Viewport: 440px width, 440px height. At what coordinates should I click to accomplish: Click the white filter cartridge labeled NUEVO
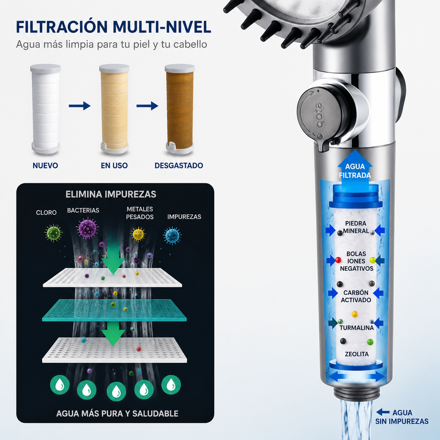pyautogui.click(x=46, y=109)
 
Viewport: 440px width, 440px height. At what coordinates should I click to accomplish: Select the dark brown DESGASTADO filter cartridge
pyautogui.click(x=180, y=109)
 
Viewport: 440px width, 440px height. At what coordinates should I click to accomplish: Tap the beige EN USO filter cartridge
pyautogui.click(x=114, y=109)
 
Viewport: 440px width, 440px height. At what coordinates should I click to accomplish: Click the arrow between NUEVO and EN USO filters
pyautogui.click(x=79, y=106)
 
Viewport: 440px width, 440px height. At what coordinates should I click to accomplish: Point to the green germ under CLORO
pyautogui.click(x=53, y=233)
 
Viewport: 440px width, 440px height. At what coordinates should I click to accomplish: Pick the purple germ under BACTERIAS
pyautogui.click(x=87, y=228)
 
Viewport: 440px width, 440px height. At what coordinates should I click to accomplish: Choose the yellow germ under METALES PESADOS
pyautogui.click(x=138, y=234)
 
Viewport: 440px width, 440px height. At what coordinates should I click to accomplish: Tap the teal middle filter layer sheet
pyautogui.click(x=114, y=310)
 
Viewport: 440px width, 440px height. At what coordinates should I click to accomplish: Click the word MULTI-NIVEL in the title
pyautogui.click(x=162, y=27)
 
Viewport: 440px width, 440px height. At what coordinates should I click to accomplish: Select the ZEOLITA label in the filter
pyautogui.click(x=357, y=354)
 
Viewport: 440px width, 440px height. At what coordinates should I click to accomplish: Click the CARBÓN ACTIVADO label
pyautogui.click(x=356, y=296)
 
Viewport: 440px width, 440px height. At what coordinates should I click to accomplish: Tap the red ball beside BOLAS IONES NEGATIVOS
pyautogui.click(x=338, y=260)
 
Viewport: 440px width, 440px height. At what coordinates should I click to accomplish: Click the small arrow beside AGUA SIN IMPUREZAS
pyautogui.click(x=383, y=412)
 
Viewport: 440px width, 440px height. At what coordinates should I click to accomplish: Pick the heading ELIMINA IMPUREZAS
pyautogui.click(x=111, y=194)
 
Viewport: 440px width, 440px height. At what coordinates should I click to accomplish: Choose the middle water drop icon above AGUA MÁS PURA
pyautogui.click(x=116, y=391)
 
